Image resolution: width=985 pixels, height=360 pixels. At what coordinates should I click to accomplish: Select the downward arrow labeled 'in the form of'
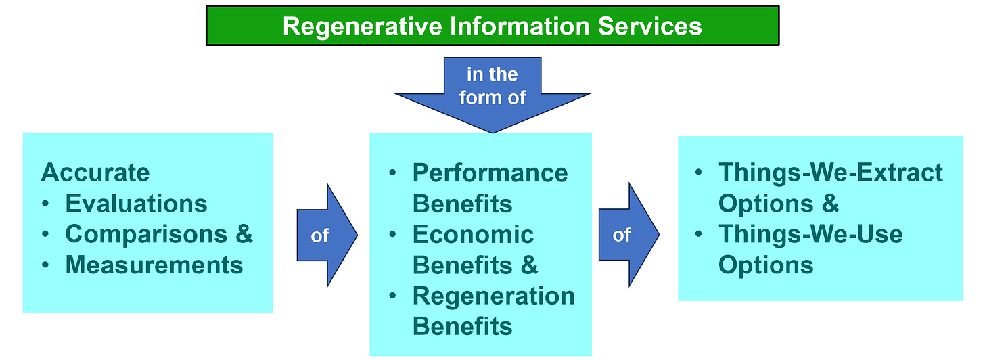pyautogui.click(x=492, y=95)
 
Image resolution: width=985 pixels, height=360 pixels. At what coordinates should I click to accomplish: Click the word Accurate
pyautogui.click(x=95, y=173)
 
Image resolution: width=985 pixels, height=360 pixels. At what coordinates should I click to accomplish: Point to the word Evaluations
pyautogui.click(x=136, y=203)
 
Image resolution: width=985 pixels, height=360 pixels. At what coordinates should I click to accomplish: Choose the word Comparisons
pyautogui.click(x=145, y=234)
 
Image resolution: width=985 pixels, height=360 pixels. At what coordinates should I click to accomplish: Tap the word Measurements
pyautogui.click(x=154, y=265)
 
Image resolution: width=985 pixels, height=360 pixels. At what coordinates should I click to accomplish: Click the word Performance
pyautogui.click(x=490, y=173)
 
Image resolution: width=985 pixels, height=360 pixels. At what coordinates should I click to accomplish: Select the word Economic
pyautogui.click(x=473, y=235)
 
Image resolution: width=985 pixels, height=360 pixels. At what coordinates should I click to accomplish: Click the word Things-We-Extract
pyautogui.click(x=830, y=173)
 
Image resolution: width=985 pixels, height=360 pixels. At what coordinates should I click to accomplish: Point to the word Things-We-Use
pyautogui.click(x=810, y=234)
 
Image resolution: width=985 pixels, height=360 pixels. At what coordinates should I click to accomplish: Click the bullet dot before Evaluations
pyautogui.click(x=46, y=204)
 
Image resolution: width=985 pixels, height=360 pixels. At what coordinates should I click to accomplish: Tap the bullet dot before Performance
pyautogui.click(x=393, y=173)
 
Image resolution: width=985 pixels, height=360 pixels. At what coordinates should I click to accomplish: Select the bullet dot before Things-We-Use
pyautogui.click(x=699, y=235)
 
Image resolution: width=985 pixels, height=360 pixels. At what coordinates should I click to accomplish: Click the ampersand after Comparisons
pyautogui.click(x=244, y=234)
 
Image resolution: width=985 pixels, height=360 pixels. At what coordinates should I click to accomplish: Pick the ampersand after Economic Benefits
pyautogui.click(x=529, y=265)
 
